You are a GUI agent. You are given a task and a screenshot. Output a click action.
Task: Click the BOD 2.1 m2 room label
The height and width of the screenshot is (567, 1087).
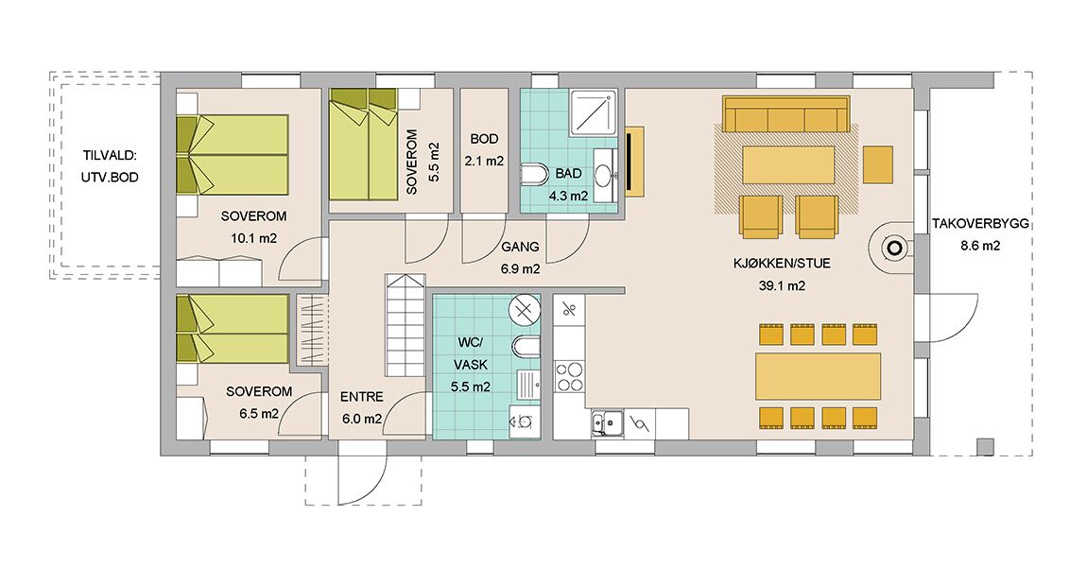(484, 149)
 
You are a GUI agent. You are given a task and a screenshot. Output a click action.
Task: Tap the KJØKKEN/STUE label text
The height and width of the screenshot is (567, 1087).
(782, 264)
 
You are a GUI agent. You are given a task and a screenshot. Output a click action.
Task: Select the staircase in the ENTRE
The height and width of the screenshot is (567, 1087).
(405, 325)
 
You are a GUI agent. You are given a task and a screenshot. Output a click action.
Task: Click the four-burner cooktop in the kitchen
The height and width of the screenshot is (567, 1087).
(570, 377)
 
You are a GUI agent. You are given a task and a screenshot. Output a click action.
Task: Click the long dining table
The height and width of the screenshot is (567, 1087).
(818, 376)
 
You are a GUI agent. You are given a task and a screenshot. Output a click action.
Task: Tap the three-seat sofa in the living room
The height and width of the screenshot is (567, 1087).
(786, 113)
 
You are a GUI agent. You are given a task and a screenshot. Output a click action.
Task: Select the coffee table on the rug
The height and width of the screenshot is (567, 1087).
(788, 163)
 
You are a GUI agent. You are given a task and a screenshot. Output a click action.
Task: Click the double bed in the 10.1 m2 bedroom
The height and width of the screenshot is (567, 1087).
(233, 155)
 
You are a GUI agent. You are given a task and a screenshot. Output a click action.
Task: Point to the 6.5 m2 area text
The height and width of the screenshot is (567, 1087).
(259, 414)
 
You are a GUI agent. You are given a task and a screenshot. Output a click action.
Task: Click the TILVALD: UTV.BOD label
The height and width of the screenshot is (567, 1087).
(110, 166)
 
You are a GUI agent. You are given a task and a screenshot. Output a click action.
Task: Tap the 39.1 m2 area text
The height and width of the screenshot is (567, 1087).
(782, 285)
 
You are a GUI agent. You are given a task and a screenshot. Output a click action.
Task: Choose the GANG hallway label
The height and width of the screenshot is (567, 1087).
(520, 247)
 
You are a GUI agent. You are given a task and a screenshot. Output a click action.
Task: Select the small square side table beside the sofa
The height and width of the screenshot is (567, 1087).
(878, 163)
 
